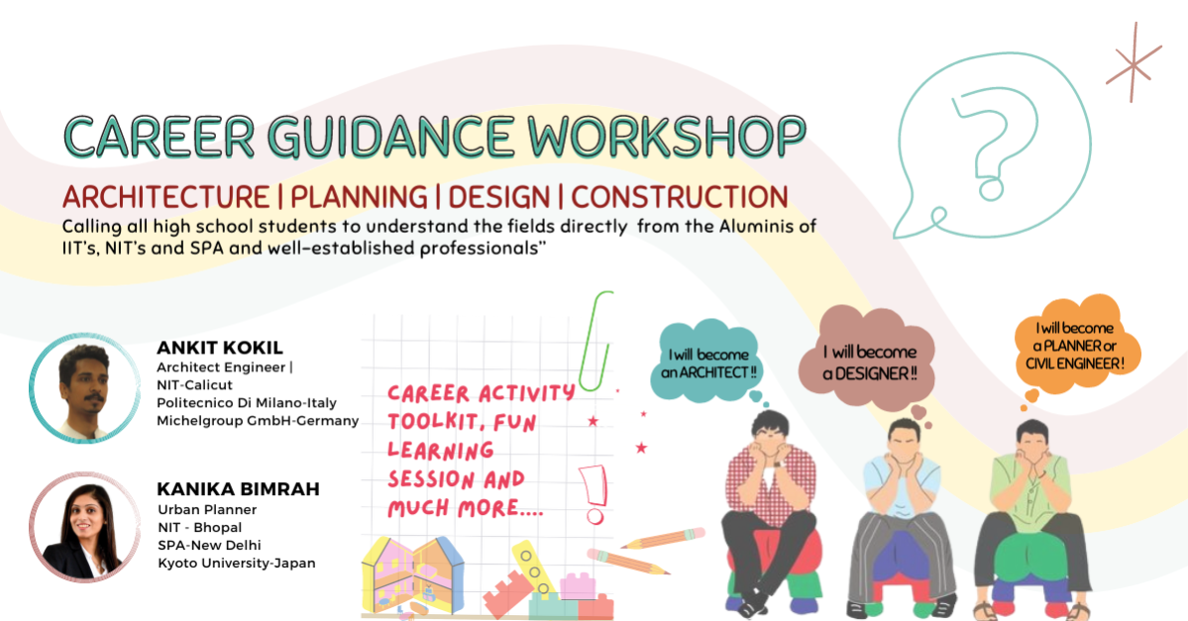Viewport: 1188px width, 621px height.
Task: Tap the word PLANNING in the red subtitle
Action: [359, 197]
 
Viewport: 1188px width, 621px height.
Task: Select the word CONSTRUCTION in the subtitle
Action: [680, 197]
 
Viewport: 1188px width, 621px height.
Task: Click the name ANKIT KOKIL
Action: [220, 348]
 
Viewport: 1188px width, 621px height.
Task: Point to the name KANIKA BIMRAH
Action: [238, 489]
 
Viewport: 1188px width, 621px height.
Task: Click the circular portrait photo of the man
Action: [85, 387]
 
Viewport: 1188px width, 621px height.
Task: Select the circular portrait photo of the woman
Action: [85, 527]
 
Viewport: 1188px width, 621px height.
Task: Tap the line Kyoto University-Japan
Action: [237, 563]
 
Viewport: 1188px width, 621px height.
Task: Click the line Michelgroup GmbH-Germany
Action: [258, 420]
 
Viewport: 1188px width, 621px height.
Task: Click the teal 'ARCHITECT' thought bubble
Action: [707, 362]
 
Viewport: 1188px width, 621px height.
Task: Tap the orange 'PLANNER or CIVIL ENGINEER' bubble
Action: [1076, 346]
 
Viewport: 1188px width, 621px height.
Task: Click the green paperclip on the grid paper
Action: [595, 341]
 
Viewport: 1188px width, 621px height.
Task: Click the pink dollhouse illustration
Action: [413, 575]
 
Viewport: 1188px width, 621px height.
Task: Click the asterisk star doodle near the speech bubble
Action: [1134, 63]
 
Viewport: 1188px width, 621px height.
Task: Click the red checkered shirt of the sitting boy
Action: [770, 483]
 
